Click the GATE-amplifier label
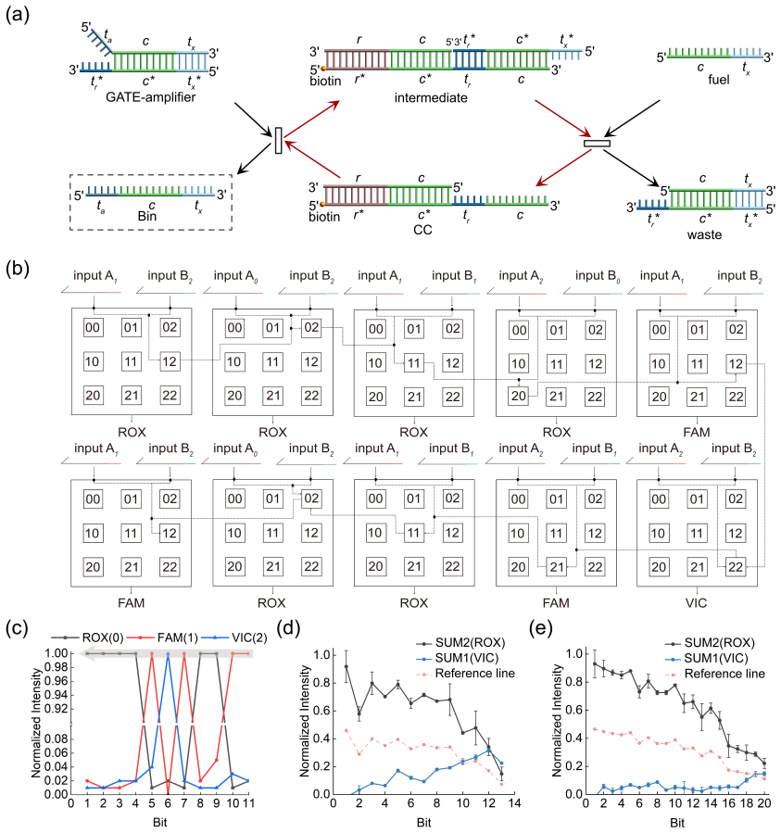point(150,96)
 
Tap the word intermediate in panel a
point(431,97)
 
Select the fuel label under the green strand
point(718,80)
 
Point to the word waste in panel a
point(704,234)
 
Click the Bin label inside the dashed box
point(146,216)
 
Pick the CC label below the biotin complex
point(422,230)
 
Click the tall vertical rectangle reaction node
point(278,140)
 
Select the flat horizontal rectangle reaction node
point(597,144)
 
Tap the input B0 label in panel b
point(598,276)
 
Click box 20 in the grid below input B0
point(519,396)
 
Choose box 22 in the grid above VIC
point(736,567)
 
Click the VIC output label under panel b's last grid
point(696,603)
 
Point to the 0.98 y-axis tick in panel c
point(57,667)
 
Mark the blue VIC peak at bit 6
point(168,654)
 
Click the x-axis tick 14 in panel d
point(514,802)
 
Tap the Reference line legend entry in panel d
point(467,674)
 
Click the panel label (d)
point(288,627)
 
